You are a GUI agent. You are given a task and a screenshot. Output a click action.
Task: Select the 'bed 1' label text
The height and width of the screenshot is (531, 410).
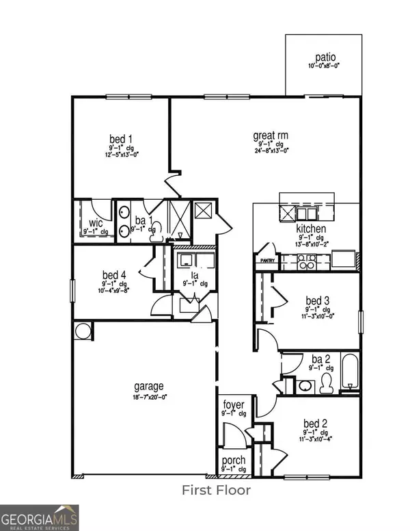point(121,139)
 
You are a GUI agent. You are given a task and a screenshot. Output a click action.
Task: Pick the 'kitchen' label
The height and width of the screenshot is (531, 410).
point(311,229)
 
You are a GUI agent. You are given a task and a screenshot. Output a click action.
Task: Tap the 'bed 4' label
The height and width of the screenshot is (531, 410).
point(113,276)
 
